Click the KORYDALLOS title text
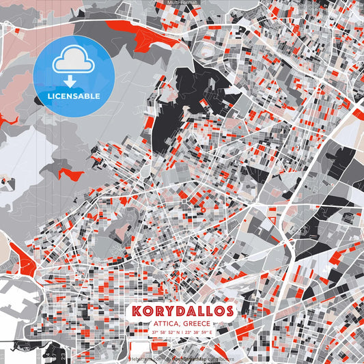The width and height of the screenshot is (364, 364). click(x=182, y=311)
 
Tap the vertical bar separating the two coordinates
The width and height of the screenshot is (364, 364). click(x=183, y=333)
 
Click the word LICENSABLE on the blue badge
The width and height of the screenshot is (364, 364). click(x=74, y=96)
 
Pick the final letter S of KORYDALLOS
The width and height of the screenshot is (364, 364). click(x=228, y=311)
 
